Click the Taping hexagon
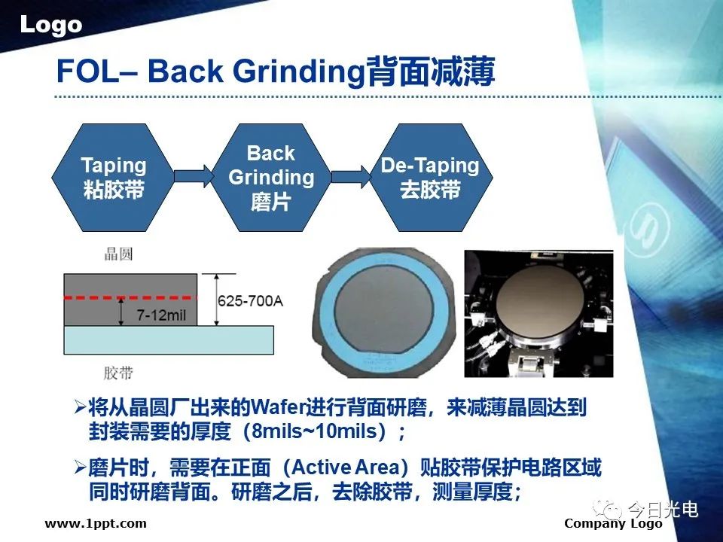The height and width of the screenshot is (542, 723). click(113, 178)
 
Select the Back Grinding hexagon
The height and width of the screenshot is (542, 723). click(271, 178)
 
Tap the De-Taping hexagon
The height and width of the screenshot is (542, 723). click(431, 178)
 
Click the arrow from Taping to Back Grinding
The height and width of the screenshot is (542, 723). click(194, 176)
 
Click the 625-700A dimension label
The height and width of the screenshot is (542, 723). click(250, 301)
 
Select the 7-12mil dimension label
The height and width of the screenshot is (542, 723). click(161, 315)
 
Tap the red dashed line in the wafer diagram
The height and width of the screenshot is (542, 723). click(130, 298)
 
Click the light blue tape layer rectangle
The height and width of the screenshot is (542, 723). click(169, 340)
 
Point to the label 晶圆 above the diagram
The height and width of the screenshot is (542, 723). click(118, 254)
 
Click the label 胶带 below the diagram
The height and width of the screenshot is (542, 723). click(118, 373)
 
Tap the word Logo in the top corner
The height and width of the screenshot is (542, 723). click(51, 25)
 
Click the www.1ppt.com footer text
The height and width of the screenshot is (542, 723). click(96, 524)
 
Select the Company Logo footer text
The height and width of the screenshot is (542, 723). click(613, 524)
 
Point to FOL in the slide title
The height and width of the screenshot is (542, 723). click(87, 72)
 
